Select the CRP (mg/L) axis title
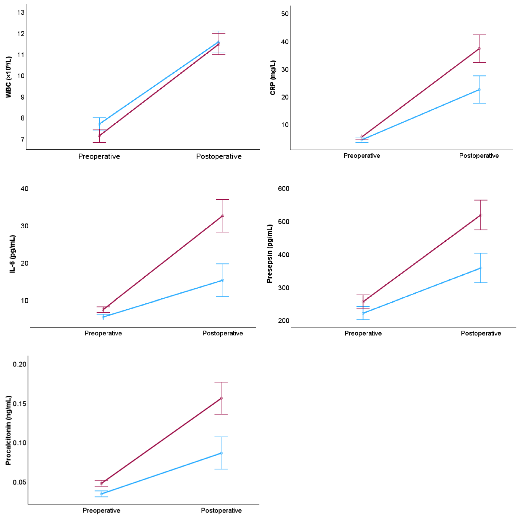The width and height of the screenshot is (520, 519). coord(273,77)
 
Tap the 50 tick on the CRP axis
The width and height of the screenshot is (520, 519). coord(285,14)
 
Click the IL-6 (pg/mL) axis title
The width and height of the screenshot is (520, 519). coord(12,254)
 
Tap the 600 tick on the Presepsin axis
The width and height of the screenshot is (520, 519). coord(284,188)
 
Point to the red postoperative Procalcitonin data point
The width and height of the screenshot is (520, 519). coord(221,398)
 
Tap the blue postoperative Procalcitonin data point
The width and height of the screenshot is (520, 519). coord(221,453)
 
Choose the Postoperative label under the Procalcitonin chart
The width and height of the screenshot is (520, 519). coord(221,510)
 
